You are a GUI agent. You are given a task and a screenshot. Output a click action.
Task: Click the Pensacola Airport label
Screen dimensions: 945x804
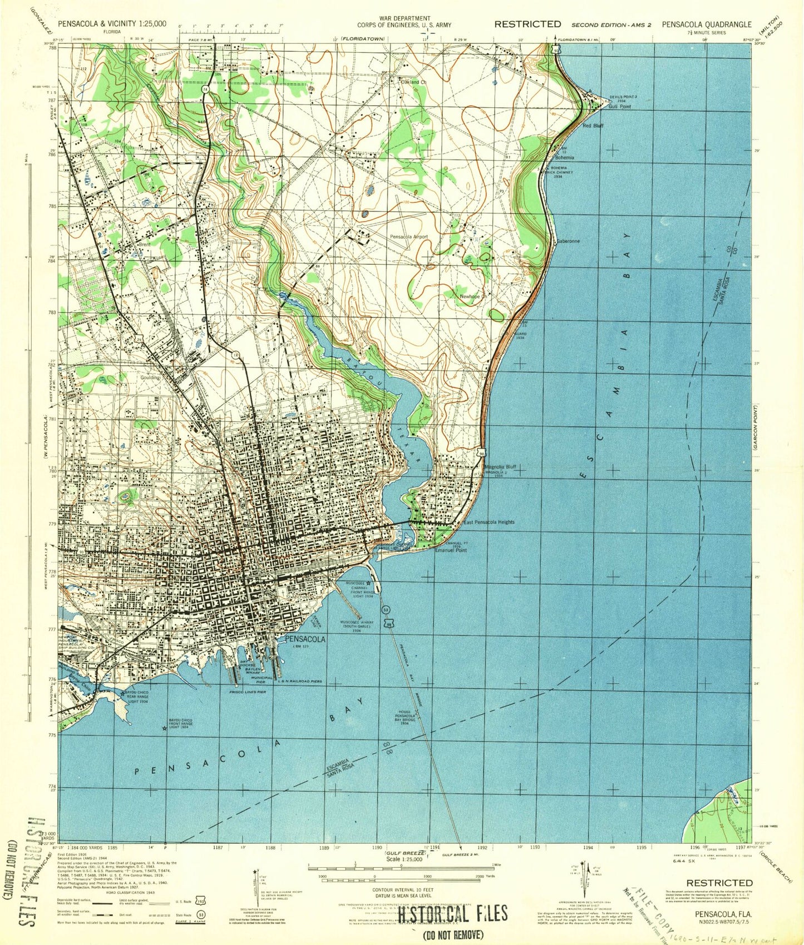(409, 236)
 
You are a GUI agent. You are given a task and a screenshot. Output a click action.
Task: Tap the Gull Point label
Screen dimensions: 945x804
(619, 106)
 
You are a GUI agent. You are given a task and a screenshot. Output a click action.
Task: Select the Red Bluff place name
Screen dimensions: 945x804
(593, 126)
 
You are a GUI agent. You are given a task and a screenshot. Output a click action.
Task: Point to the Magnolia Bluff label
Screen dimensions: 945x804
(501, 467)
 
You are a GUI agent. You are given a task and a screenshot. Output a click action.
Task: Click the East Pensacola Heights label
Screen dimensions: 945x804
(489, 522)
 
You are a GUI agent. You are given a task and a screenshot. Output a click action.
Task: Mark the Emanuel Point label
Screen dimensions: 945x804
(451, 550)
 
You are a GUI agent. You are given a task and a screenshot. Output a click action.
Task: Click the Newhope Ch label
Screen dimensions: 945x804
(473, 296)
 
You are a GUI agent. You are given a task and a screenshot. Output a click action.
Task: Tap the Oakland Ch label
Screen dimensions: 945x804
(413, 82)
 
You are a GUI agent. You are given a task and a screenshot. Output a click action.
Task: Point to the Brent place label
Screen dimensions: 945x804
(145, 243)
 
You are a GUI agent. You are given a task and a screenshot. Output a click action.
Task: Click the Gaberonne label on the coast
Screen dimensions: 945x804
(568, 242)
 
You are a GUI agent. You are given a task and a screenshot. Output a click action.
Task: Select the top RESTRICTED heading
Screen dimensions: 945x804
(527, 24)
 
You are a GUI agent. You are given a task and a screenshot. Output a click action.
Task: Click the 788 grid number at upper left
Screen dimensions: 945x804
(52, 48)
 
